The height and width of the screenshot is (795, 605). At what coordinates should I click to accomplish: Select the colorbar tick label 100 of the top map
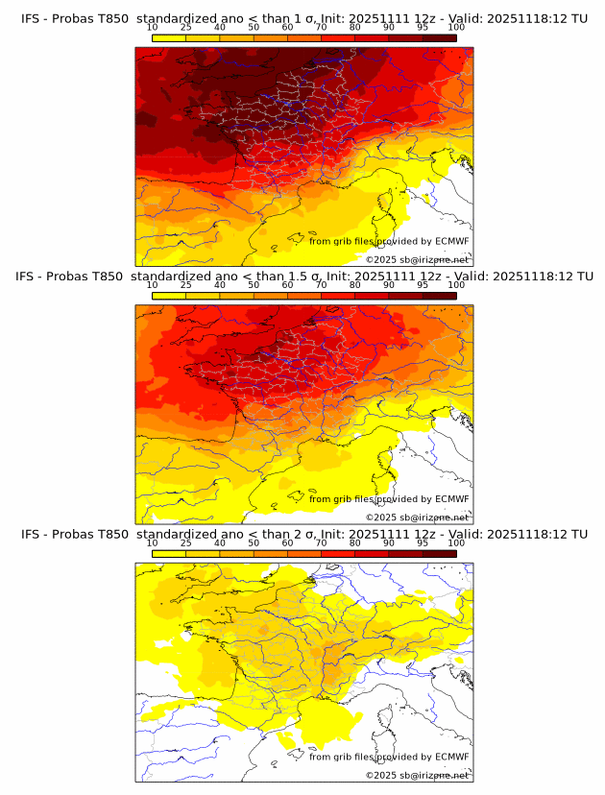click(456, 28)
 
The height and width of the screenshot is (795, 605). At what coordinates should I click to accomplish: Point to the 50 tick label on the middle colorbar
click(254, 285)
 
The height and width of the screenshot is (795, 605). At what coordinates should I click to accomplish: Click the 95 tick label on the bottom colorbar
click(423, 543)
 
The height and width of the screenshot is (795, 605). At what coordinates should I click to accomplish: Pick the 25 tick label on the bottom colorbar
click(185, 543)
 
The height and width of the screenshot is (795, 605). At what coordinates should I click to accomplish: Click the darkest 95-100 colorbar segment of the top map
click(439, 37)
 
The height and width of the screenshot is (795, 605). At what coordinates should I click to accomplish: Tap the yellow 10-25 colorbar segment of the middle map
click(169, 296)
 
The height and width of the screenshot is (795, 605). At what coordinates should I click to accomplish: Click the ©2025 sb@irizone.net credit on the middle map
click(418, 517)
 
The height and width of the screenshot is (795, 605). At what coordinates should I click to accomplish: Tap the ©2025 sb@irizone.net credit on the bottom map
click(418, 775)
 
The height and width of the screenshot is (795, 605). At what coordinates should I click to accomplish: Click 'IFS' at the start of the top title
click(31, 18)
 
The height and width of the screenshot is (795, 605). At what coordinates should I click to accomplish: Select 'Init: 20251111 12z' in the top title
click(372, 18)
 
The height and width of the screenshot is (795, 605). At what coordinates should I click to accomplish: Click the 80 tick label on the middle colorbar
click(355, 285)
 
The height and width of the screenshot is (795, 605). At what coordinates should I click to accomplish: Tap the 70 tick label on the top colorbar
click(321, 28)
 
